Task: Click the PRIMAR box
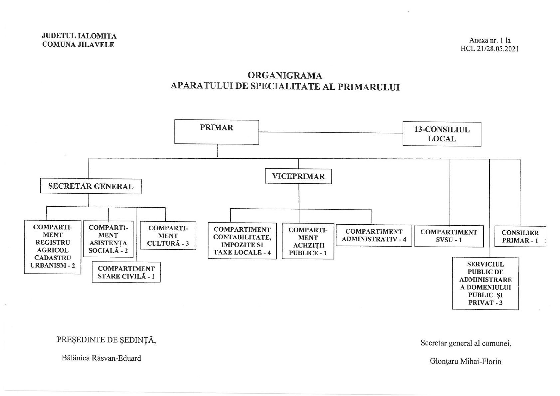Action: tap(217, 132)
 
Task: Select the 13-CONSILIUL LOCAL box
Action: tap(442, 134)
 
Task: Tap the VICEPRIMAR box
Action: tap(298, 176)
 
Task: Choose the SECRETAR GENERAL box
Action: tap(91, 186)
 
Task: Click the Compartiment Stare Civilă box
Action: tap(126, 272)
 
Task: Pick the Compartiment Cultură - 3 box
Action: tap(168, 236)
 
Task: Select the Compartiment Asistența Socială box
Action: tap(108, 239)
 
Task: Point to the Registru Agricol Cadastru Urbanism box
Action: tap(53, 247)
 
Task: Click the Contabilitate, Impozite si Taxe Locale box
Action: tap(242, 241)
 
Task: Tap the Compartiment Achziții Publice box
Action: tap(308, 241)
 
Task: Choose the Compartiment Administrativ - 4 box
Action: tap(374, 236)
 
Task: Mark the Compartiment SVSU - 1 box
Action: tap(449, 236)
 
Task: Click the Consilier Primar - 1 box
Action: tap(520, 237)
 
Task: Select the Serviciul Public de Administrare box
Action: tap(485, 284)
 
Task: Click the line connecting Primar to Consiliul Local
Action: tap(331, 132)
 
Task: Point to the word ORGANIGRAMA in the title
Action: tap(285, 75)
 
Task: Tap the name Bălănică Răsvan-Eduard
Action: tap(101, 358)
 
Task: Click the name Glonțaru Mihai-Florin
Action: tap(466, 361)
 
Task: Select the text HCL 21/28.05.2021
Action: tap(489, 49)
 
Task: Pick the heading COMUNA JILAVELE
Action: tap(78, 45)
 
